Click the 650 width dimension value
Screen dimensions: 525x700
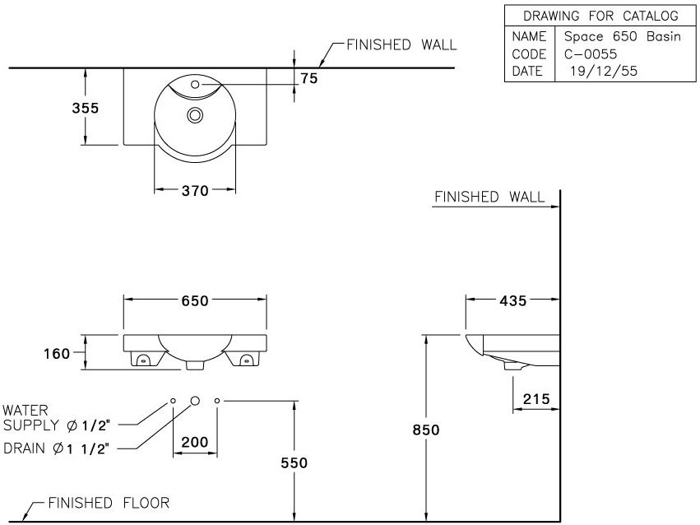(x=195, y=300)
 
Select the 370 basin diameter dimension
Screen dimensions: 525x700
(x=195, y=190)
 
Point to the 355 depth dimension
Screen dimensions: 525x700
(x=84, y=108)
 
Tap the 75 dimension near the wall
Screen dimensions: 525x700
(x=309, y=78)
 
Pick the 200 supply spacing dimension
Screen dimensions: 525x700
(x=194, y=442)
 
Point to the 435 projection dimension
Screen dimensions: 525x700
(x=513, y=300)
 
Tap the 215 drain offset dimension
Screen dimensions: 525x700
(x=536, y=399)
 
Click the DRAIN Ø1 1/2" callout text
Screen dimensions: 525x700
(x=58, y=448)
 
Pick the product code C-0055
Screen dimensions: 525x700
(x=591, y=53)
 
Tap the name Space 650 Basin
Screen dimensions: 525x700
(x=622, y=36)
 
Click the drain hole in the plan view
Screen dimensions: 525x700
(x=196, y=115)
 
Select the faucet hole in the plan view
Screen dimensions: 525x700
(x=196, y=84)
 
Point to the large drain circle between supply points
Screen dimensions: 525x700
(x=195, y=400)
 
